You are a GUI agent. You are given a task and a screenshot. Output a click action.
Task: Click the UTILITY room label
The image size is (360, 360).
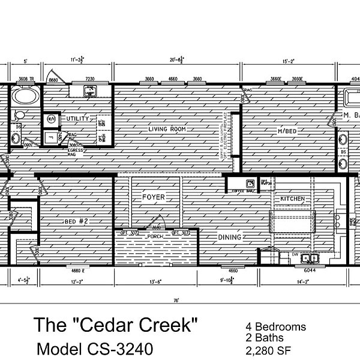pyautogui.click(x=77, y=118)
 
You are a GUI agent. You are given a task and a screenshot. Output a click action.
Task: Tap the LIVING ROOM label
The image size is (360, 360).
pyautogui.click(x=167, y=129)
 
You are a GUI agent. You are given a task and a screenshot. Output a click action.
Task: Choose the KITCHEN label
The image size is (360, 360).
pyautogui.click(x=292, y=199)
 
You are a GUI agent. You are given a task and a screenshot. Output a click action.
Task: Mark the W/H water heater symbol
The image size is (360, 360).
pyautogui.click(x=51, y=119)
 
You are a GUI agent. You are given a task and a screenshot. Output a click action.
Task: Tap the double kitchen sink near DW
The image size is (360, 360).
pyautogui.click(x=310, y=259)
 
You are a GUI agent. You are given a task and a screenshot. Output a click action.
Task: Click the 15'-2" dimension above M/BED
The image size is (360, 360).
pyautogui.click(x=289, y=61)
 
